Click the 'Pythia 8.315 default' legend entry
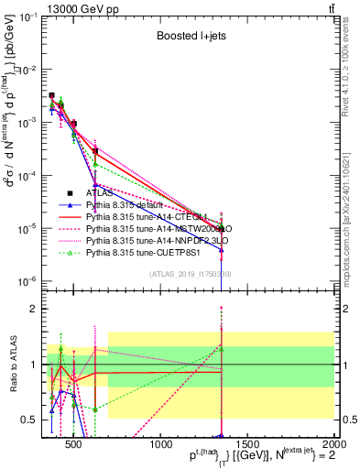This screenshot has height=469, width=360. pos(133,205)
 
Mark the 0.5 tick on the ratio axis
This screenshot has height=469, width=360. pos(30,420)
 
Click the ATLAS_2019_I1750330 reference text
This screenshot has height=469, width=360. pos(190,274)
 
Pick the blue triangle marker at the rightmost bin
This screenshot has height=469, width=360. pos(222,249)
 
